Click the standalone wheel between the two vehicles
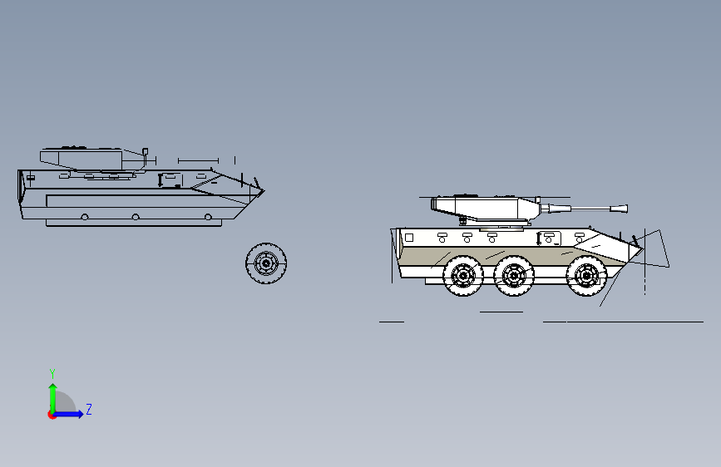point(266,263)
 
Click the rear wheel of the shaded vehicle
point(463,275)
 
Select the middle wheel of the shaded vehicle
point(514,276)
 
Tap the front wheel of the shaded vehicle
point(586,276)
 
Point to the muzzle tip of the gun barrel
point(626,209)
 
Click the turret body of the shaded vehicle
point(485,209)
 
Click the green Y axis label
point(52,374)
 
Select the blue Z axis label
point(89,409)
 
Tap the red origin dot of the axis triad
point(52,415)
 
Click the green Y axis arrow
point(53,398)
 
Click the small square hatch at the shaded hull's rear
point(409,238)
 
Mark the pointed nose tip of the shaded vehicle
point(642,249)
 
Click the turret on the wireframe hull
point(92,159)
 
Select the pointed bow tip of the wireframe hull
point(264,191)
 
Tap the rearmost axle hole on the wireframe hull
point(85,217)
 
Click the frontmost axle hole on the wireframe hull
point(208,217)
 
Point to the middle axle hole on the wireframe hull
point(136,217)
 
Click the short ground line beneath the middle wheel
point(501,312)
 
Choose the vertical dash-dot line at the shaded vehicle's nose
point(644,262)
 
